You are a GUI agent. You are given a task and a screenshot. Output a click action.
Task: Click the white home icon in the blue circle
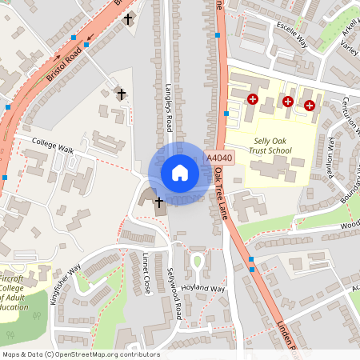coord(180,173)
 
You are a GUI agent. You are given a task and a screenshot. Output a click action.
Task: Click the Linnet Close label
coord(146,273)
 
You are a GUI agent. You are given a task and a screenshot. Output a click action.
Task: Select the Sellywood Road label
coord(174,295)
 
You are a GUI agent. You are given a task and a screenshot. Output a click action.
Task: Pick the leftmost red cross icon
coord(253,99)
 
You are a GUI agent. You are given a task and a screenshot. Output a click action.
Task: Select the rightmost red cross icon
coord(309,105)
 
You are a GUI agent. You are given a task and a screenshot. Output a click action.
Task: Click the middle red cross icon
coord(288,102)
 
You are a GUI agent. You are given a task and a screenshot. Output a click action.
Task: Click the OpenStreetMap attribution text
coord(81,354)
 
